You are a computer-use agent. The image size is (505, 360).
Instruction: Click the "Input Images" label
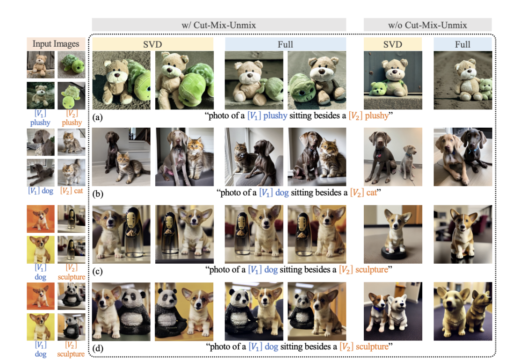[56, 43]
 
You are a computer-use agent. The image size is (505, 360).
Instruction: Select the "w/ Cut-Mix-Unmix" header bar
[219, 25]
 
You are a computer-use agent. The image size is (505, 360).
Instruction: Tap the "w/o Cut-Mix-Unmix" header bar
[427, 25]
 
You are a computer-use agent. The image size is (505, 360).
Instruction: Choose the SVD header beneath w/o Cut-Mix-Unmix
[393, 44]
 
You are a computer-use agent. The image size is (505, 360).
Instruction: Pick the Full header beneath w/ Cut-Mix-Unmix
[285, 44]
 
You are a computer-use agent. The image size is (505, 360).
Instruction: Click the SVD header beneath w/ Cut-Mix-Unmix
[152, 44]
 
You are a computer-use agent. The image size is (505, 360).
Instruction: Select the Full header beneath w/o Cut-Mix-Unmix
[462, 44]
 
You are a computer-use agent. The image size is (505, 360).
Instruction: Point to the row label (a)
[97, 117]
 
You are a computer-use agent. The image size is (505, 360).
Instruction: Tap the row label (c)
[97, 271]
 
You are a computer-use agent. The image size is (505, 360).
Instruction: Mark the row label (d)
[98, 348]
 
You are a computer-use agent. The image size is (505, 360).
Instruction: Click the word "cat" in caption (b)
[371, 193]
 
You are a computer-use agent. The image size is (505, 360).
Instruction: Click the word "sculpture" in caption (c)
[372, 270]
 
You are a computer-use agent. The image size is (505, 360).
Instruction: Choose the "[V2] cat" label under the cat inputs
[72, 191]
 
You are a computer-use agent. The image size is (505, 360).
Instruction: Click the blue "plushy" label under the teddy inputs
[40, 122]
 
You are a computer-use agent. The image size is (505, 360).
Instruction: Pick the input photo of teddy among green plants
[41, 95]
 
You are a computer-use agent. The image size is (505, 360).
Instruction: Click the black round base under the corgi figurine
[393, 253]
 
